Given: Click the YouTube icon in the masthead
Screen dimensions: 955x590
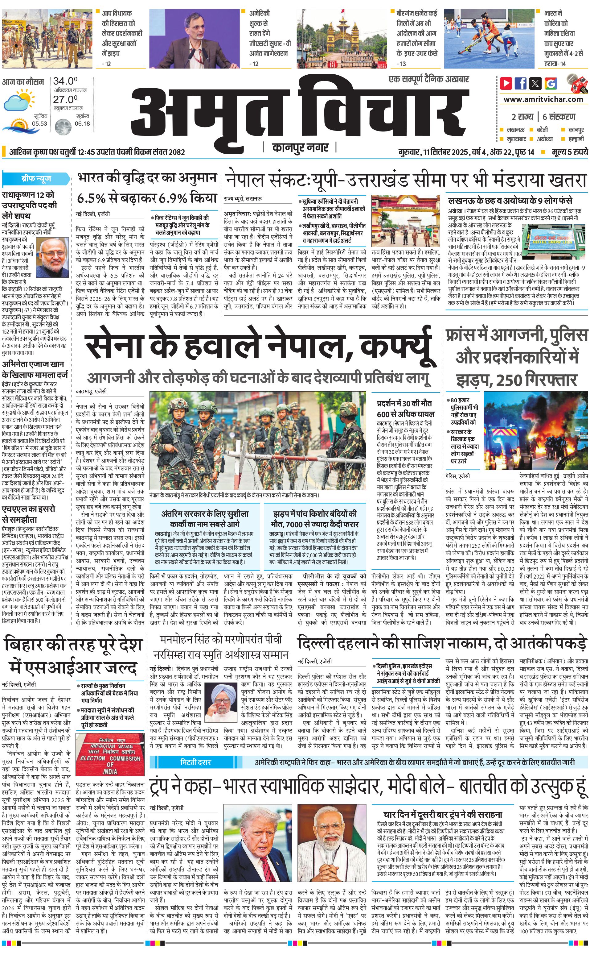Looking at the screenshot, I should coord(506,83).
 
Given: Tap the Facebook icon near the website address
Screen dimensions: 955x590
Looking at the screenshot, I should coord(521,83).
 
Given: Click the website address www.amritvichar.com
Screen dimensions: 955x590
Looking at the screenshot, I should coord(543,99).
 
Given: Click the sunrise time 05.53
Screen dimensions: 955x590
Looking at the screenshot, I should coord(39,123).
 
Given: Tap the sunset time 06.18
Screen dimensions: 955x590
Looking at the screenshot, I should coord(82,123).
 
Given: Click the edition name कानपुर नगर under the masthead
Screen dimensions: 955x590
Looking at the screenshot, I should coord(301,147).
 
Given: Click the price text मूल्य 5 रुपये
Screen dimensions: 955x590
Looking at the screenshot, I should coord(569,152).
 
